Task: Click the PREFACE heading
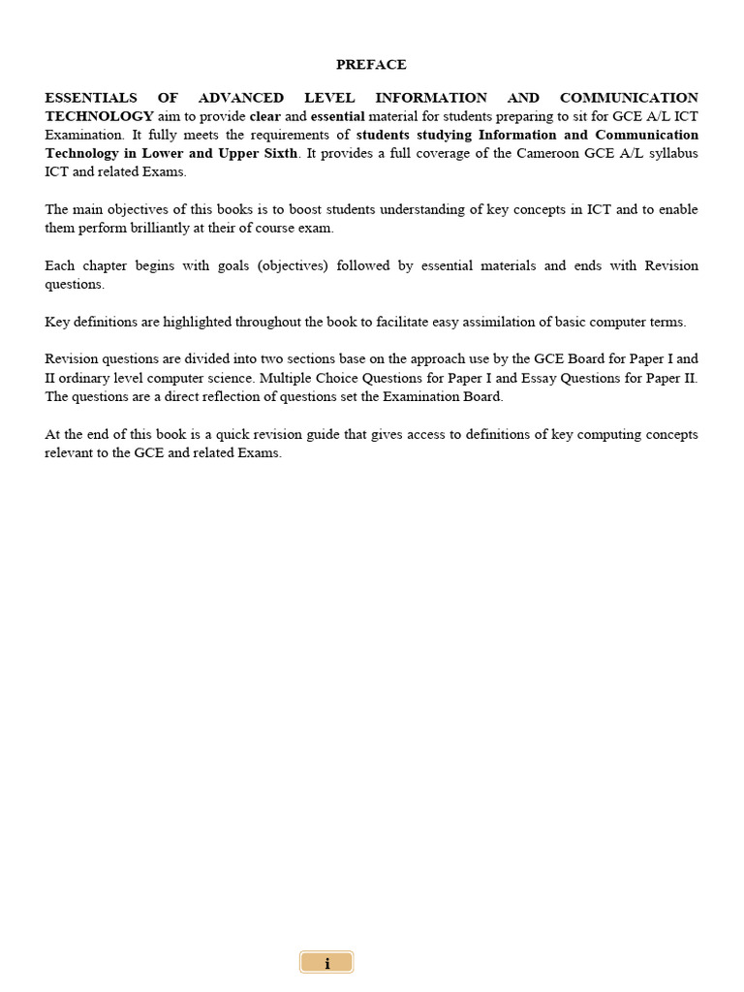(371, 65)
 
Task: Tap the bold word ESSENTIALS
(91, 98)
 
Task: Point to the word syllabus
(672, 154)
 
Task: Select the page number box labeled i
(326, 963)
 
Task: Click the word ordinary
(92, 378)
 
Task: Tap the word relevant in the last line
(69, 453)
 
